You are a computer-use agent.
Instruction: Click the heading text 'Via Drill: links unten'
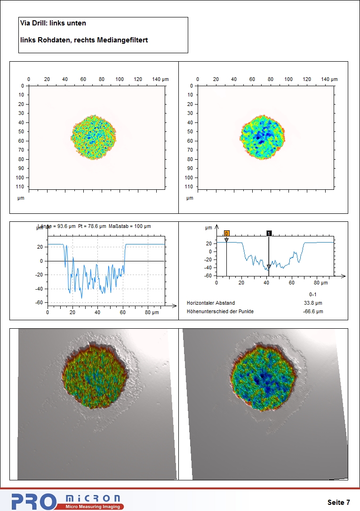[x=53, y=23]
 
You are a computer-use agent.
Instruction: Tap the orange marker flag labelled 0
[x=226, y=233]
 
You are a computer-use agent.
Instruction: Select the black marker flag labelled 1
[x=269, y=233]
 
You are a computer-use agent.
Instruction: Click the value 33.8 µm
[x=313, y=303]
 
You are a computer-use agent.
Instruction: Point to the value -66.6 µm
[x=313, y=311]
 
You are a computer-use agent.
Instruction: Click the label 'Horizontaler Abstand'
[x=211, y=303]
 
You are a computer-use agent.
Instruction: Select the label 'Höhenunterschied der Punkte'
[x=220, y=311]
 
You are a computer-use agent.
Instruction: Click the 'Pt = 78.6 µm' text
[x=92, y=227]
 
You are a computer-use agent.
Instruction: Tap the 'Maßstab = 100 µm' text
[x=130, y=227]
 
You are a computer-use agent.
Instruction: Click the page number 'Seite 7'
[x=338, y=502]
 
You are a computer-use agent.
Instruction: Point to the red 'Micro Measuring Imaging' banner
[x=91, y=507]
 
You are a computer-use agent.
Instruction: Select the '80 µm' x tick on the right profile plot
[x=321, y=283]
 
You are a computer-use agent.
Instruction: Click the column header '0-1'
[x=313, y=294]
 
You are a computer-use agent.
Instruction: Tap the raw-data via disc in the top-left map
[x=93, y=137]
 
